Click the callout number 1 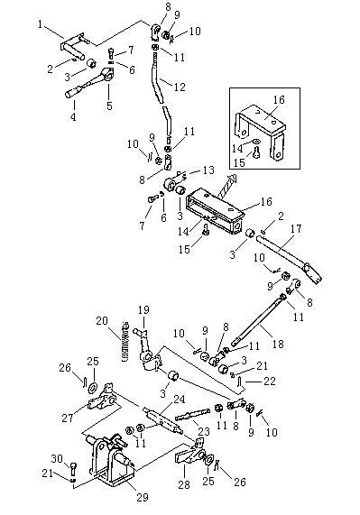coord(40,24)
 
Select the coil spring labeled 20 coord(125,341)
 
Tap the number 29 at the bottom coord(143,497)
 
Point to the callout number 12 coord(180,87)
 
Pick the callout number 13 coord(208,170)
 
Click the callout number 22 coord(270,381)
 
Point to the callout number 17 coord(296,228)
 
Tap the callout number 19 coord(143,309)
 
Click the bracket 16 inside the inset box coord(261,124)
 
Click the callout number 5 coord(109,106)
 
